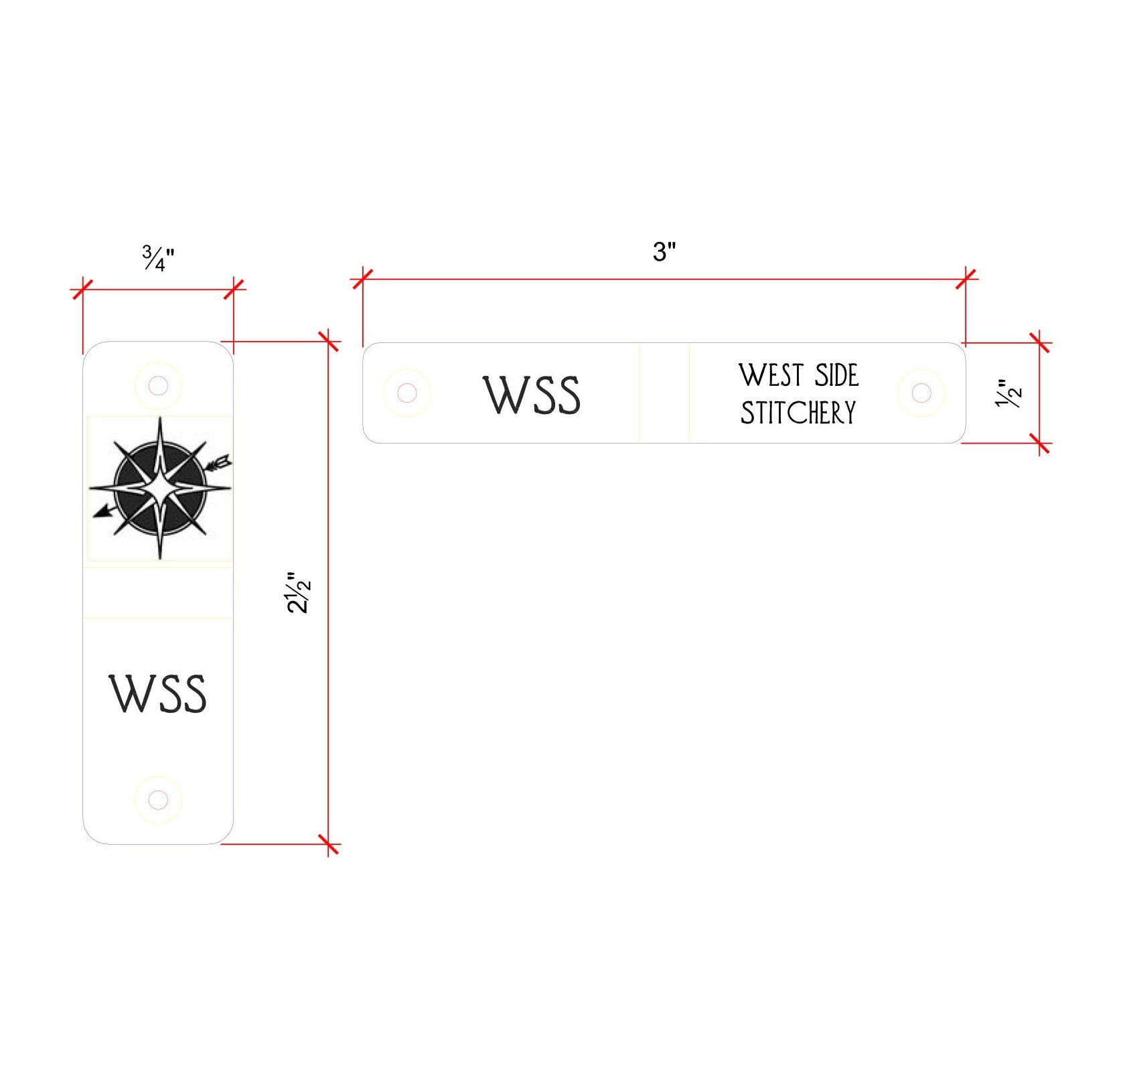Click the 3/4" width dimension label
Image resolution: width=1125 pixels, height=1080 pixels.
[x=158, y=258]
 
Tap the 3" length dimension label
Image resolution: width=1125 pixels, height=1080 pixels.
[x=664, y=252]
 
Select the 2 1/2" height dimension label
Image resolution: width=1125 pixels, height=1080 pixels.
[x=299, y=592]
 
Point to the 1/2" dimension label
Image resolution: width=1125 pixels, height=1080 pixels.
[x=1008, y=393]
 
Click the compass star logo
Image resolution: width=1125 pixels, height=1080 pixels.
[x=160, y=488]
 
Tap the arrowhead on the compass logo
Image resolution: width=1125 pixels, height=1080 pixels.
[x=102, y=511]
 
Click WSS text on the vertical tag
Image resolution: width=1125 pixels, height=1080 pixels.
[x=157, y=693]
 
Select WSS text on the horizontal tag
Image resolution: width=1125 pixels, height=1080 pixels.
[x=532, y=395]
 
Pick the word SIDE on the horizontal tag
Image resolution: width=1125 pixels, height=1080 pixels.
[x=836, y=375]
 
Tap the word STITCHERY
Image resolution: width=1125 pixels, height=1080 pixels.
[x=798, y=412]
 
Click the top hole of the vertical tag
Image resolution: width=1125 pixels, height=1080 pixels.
[x=158, y=386]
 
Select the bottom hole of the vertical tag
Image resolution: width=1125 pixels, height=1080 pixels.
[x=158, y=800]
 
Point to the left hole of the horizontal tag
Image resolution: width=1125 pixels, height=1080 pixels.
[x=406, y=393]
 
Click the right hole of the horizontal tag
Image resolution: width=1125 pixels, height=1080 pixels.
[x=921, y=393]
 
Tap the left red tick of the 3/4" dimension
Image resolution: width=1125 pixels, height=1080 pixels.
[x=82, y=289]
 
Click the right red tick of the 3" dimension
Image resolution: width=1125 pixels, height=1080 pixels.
[x=966, y=278]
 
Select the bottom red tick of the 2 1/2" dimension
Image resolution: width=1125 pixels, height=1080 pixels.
[x=329, y=844]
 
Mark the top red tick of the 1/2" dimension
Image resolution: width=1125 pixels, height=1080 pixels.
[x=1039, y=342]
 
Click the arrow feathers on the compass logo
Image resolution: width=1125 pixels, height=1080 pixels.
[x=221, y=462]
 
